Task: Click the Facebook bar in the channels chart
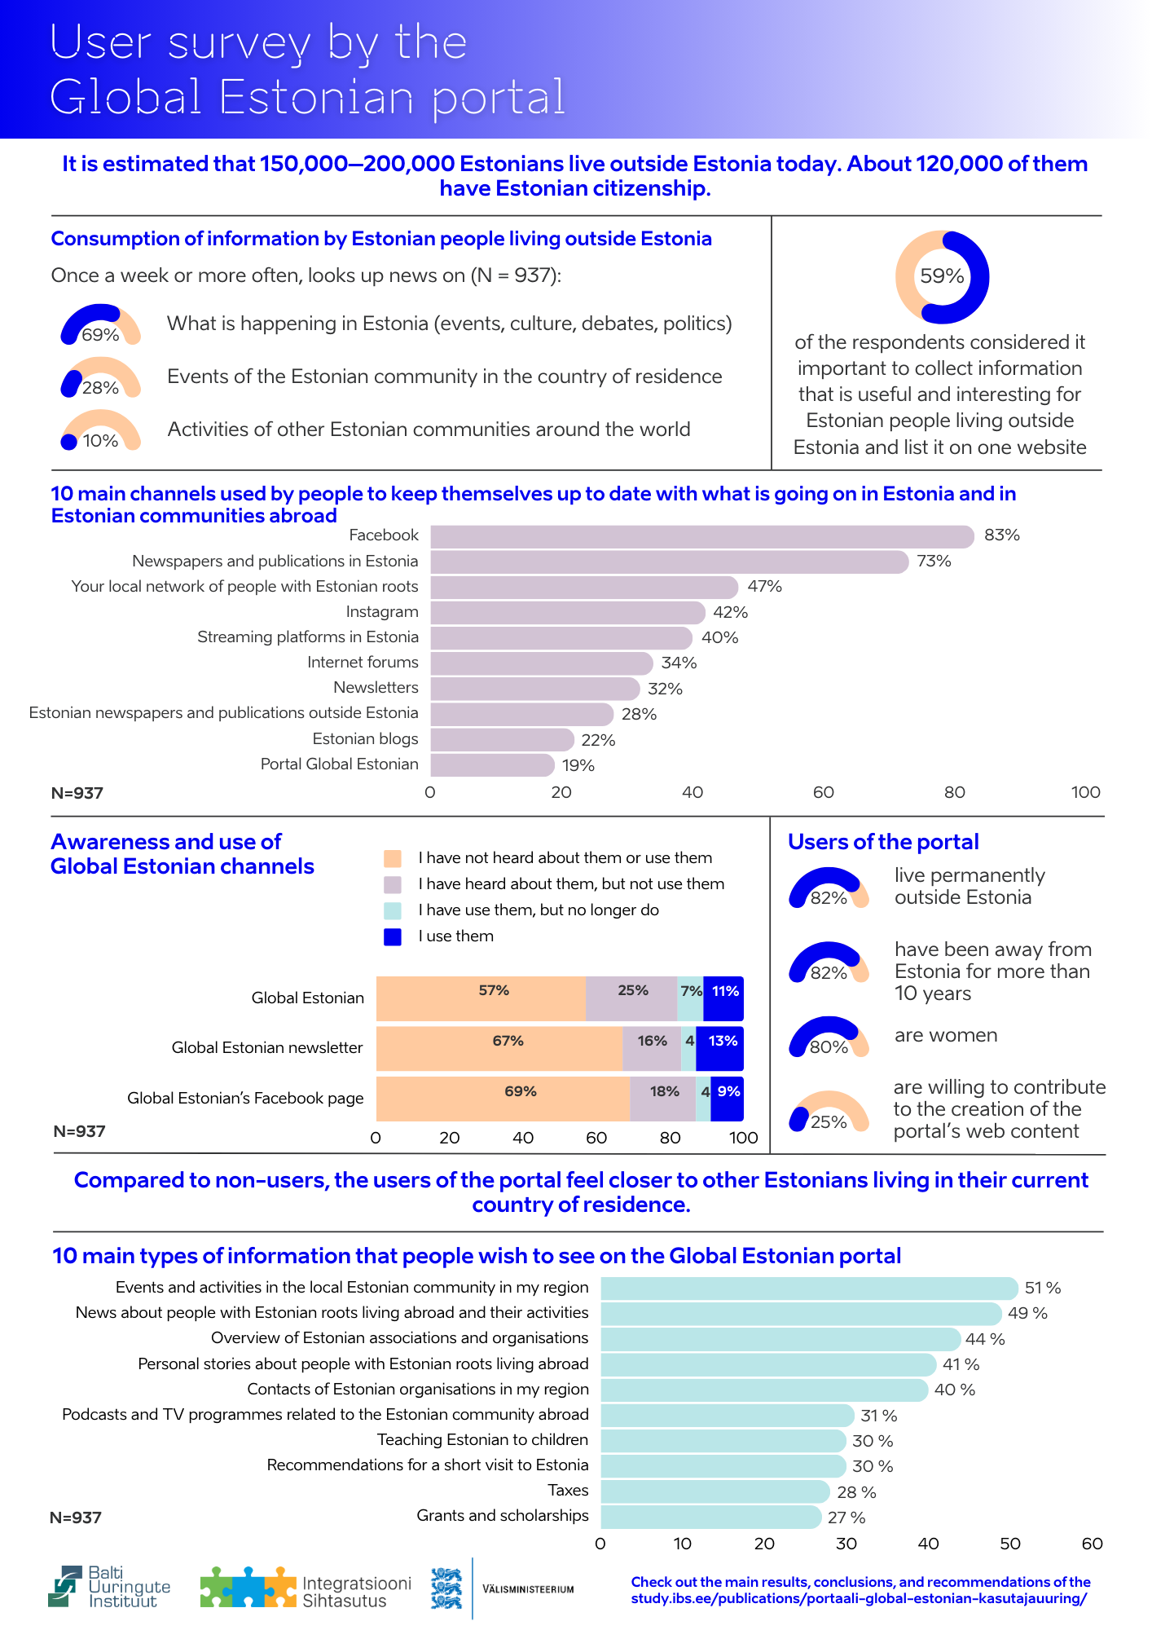pos(701,536)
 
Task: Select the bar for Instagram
pos(567,612)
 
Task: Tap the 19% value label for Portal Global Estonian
pos(578,765)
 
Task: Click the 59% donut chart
pos(942,277)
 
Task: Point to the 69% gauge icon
pos(100,325)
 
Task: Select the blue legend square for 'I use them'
pos(393,936)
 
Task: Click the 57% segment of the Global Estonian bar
pos(481,998)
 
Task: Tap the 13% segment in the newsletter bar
pos(721,1048)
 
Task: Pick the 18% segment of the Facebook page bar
pos(663,1098)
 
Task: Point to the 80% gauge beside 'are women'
pos(829,1037)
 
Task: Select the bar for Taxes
pos(715,1491)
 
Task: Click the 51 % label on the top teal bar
pos(1042,1288)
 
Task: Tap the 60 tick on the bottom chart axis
pos(1092,1544)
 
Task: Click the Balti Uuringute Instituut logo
pos(109,1586)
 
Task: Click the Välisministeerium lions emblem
pos(446,1588)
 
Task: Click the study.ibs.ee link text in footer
pos(860,1598)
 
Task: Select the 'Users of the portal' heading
pos(883,842)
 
